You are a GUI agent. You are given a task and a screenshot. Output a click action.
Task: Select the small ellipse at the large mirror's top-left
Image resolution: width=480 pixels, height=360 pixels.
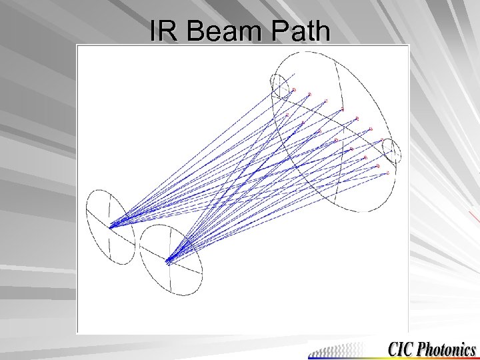(279, 85)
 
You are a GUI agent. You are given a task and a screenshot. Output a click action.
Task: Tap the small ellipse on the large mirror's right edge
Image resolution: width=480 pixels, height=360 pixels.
(392, 153)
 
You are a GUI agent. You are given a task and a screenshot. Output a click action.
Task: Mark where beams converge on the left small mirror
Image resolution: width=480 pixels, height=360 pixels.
(111, 227)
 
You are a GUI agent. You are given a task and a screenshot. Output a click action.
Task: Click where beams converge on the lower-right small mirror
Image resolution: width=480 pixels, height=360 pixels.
(168, 260)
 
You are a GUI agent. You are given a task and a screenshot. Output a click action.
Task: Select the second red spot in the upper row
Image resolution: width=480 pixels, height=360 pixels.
(310, 95)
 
